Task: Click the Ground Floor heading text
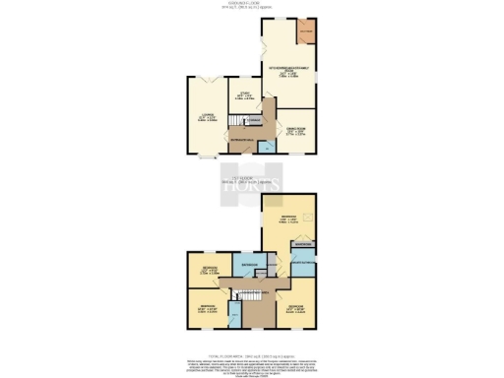coord(252,5)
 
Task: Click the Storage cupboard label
coord(254,120)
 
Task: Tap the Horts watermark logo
coord(252,186)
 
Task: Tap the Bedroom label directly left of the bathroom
coord(209,269)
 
